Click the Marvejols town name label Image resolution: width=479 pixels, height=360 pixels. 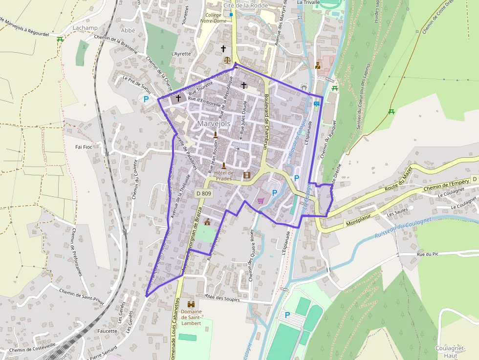(214, 124)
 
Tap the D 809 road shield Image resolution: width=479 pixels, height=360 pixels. (204, 193)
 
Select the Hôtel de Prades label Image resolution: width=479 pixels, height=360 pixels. (224, 175)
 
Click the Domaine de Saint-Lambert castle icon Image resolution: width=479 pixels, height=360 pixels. (191, 304)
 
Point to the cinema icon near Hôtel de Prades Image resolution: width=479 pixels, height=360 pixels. (246, 175)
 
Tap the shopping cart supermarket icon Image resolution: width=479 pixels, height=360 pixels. (261, 200)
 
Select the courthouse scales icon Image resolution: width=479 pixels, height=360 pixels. (226, 60)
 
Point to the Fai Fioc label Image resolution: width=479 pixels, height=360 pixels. (84, 147)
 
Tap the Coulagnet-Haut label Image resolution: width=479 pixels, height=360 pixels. (450, 352)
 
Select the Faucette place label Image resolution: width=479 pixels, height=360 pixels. (107, 331)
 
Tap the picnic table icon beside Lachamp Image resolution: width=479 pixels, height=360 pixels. (60, 39)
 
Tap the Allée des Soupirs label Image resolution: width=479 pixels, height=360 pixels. (223, 297)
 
